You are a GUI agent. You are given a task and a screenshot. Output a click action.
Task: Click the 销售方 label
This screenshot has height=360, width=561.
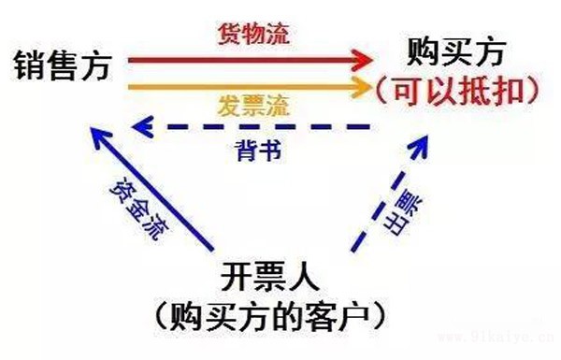point(64,65)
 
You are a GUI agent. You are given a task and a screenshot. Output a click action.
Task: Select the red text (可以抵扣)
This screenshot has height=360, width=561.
point(460,90)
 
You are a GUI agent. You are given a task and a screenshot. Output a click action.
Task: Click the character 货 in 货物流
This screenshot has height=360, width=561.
point(230,36)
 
